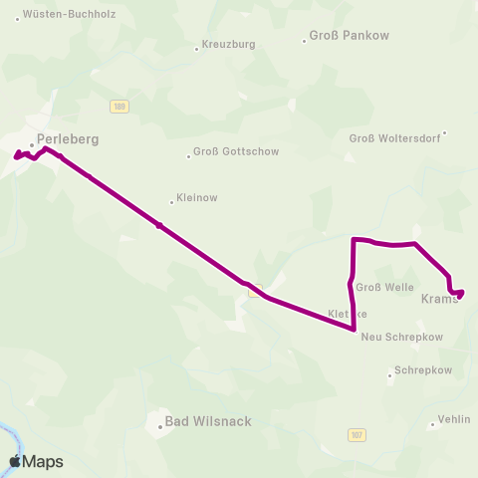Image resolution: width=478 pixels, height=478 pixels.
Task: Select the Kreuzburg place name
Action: coord(229,46)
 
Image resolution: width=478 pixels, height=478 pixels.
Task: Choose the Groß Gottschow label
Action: coord(236,151)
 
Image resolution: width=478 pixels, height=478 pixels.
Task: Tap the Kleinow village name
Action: coord(196,198)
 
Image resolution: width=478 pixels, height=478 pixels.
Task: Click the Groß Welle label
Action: coord(384,288)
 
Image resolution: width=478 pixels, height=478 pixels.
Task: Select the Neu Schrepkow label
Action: coord(401,337)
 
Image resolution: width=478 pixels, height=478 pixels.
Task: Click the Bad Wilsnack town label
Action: coord(208,421)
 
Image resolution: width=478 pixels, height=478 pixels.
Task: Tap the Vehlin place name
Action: coord(453,420)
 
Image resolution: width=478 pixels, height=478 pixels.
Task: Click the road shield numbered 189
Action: coord(119,107)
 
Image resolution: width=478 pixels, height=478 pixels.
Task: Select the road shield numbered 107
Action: coord(358,435)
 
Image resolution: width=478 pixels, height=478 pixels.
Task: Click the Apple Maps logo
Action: coord(36,461)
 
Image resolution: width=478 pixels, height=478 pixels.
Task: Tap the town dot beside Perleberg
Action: coord(32,145)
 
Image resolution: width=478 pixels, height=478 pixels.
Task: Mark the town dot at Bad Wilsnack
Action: coord(159,428)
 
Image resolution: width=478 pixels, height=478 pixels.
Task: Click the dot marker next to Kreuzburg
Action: coord(196,47)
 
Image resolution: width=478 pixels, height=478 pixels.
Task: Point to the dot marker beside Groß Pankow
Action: coord(305,41)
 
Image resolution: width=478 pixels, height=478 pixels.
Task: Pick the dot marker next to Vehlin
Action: coord(432,425)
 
